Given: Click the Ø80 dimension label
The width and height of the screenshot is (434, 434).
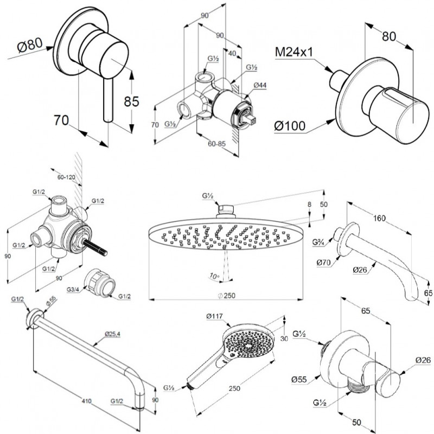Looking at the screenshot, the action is (x=30, y=45).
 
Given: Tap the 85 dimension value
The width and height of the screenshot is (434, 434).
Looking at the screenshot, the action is (x=131, y=101).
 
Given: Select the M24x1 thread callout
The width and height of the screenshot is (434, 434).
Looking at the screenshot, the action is (x=293, y=52).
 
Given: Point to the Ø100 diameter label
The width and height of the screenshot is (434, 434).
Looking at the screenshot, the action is (x=290, y=126).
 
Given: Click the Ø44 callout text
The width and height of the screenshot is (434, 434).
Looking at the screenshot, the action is (x=260, y=85).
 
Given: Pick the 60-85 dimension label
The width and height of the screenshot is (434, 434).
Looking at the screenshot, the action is (x=216, y=144).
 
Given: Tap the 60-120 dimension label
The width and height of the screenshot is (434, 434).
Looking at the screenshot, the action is (x=66, y=177).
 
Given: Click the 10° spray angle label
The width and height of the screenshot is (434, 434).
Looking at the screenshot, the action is (x=214, y=276).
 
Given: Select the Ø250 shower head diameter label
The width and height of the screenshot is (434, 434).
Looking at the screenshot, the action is (x=226, y=296).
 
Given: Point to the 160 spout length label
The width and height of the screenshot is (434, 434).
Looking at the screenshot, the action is (x=379, y=218).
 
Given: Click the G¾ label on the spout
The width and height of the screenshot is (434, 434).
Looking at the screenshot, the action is (x=318, y=242).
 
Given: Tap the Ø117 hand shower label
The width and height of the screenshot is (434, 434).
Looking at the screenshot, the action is (x=215, y=316).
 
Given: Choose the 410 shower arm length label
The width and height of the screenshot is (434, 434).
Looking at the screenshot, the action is (x=87, y=400).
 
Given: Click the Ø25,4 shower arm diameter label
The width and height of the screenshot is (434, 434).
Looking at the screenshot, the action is (x=113, y=334).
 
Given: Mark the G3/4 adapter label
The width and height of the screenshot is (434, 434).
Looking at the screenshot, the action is (x=73, y=290).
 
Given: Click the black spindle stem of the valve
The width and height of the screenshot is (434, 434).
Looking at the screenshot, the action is (x=96, y=248).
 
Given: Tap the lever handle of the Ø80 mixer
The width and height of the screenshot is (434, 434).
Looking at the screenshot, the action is (x=108, y=100).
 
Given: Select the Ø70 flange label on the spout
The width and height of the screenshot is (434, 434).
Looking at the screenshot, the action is (x=324, y=263).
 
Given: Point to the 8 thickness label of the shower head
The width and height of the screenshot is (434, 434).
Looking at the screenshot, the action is (x=309, y=205).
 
